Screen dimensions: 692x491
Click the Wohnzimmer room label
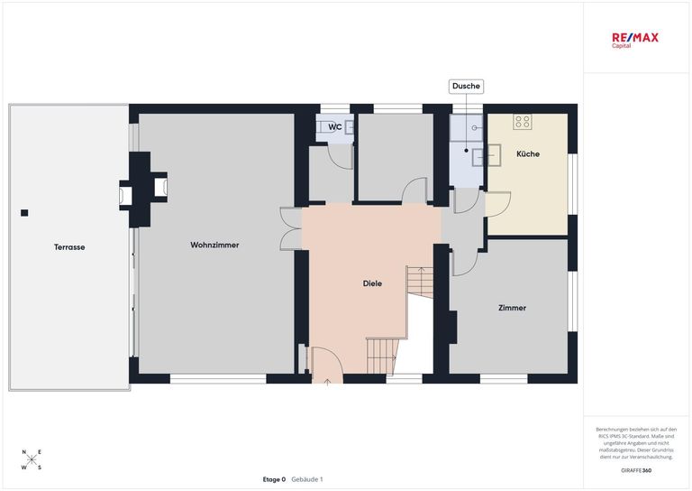214,245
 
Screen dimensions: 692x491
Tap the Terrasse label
69,247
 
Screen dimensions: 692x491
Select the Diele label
372,283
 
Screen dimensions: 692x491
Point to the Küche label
528,153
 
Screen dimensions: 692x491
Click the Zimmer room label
512,308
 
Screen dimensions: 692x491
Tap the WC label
335,127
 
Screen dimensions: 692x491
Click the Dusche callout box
466,86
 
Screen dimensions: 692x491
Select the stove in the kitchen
523,122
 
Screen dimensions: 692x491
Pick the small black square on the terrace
24,213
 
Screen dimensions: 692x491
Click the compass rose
32,459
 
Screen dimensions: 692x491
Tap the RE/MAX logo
634,40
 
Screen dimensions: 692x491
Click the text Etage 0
274,479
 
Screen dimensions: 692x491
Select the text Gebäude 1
307,479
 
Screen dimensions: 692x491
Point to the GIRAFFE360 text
636,470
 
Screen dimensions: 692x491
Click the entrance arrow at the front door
327,383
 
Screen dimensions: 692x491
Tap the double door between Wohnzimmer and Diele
291,229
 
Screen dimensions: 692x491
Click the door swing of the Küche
498,204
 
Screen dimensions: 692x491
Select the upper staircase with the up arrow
420,282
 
